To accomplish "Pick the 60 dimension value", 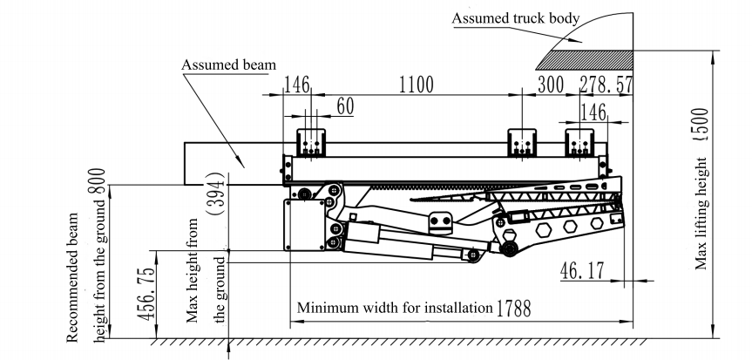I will point(346,106).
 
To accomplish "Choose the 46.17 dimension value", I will point(582,271).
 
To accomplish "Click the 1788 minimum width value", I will point(513,308).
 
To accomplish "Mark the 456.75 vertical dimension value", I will point(151,295).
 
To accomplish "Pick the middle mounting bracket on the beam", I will point(523,143).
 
